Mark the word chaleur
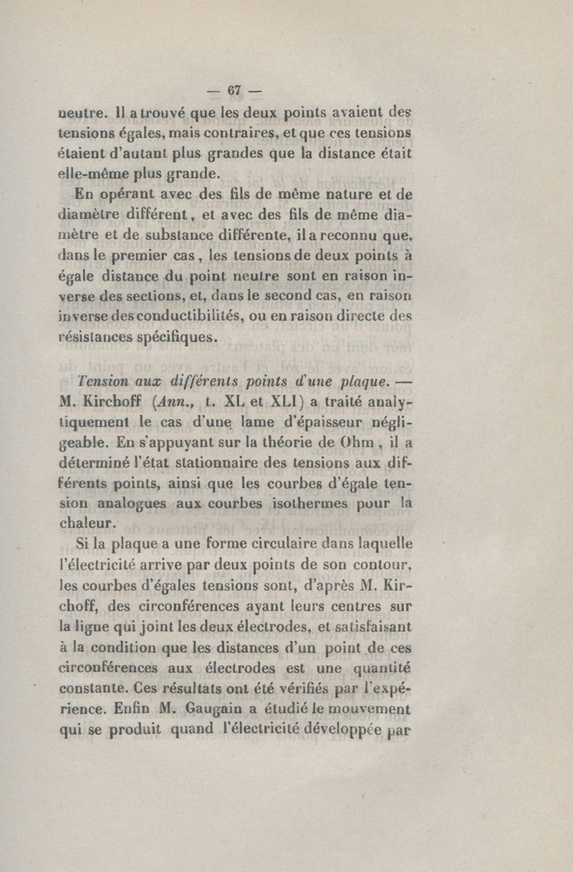click(85, 524)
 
